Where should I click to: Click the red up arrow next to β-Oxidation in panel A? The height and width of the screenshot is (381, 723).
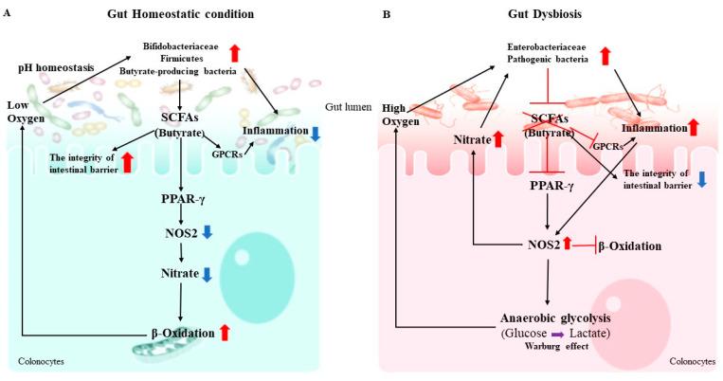coord(225,332)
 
